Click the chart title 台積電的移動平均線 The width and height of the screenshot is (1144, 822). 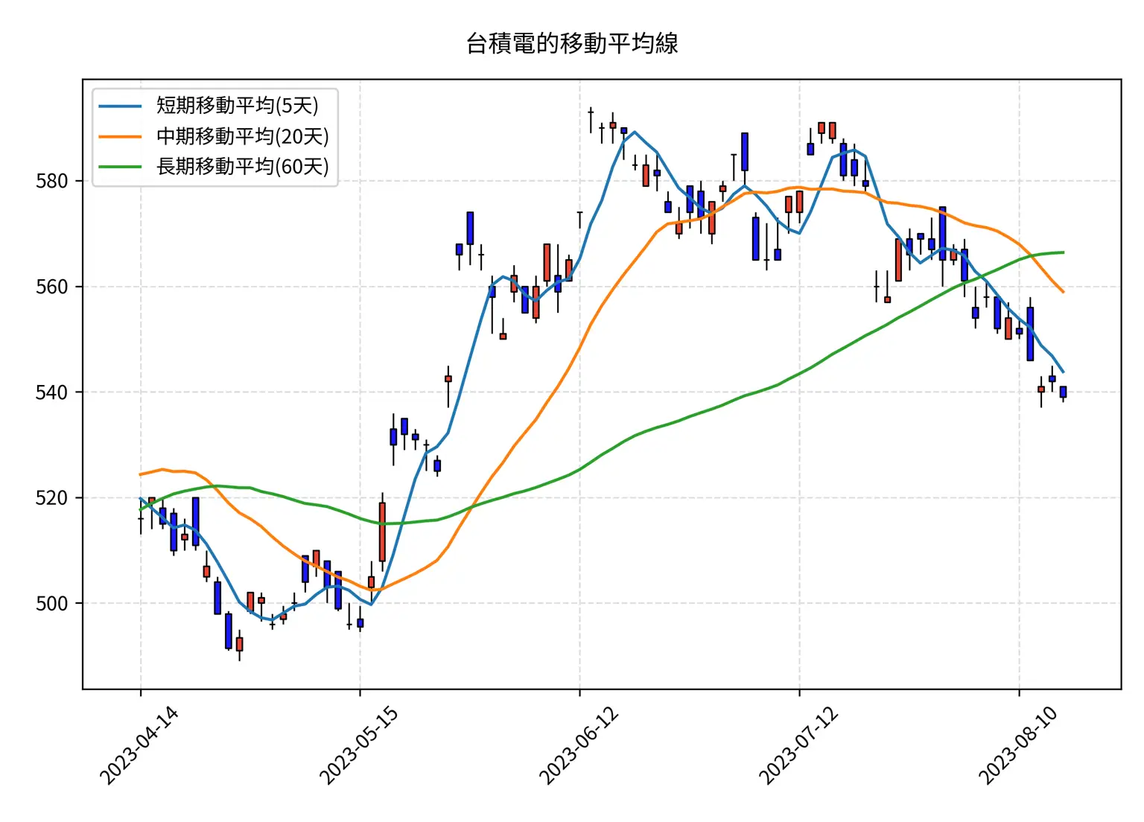(572, 43)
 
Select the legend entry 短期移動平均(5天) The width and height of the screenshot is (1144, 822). (237, 106)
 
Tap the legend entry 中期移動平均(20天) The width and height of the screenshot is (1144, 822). (242, 136)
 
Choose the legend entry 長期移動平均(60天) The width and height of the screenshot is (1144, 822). (242, 166)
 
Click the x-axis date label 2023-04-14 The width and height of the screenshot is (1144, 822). (139, 745)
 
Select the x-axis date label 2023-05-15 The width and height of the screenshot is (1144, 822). (359, 745)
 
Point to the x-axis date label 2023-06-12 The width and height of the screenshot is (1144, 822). (579, 745)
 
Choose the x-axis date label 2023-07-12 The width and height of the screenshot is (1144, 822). (798, 745)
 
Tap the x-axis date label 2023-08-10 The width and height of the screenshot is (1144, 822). (1018, 745)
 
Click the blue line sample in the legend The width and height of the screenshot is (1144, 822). (120, 106)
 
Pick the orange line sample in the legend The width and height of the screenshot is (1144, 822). (120, 136)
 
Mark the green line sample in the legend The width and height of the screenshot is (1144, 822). (120, 166)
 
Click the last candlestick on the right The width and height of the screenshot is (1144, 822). (1063, 392)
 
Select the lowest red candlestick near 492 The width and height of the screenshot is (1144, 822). (239, 644)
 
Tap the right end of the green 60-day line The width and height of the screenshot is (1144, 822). (1063, 252)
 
